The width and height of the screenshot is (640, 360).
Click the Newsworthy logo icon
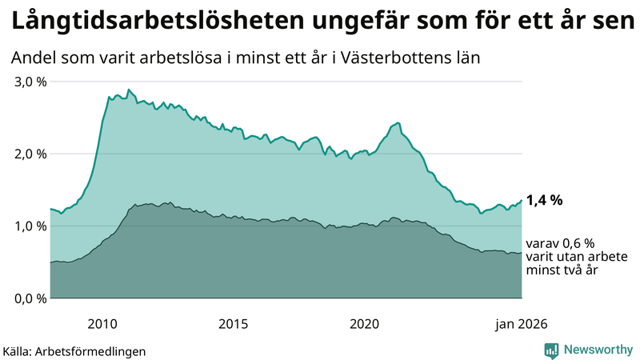pos(551,349)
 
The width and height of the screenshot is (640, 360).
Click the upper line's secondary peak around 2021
pos(397,123)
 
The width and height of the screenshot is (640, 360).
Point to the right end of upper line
pos(522,200)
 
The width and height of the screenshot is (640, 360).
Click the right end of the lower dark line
pos(522,253)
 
